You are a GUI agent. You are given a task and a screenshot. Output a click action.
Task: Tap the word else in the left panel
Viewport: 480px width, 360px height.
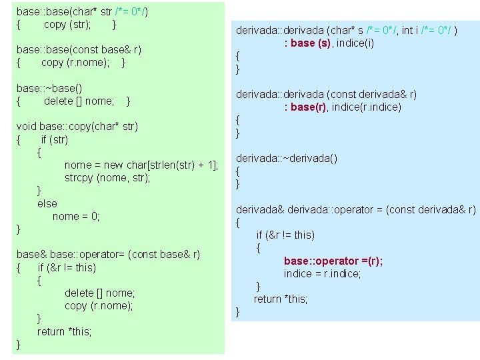[x=47, y=203]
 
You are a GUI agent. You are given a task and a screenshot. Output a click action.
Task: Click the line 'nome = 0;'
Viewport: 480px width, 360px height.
[x=76, y=216]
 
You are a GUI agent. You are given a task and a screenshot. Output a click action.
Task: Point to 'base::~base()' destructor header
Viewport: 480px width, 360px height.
[x=49, y=88]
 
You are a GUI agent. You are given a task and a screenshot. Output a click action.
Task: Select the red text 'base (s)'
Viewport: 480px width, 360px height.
[x=311, y=43]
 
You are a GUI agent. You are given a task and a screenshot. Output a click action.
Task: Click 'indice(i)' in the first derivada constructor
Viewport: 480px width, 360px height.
[x=358, y=43]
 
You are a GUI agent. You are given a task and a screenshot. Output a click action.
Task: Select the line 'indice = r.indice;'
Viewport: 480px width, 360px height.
[x=322, y=273]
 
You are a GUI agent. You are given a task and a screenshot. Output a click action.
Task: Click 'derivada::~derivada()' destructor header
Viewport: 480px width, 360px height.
[x=287, y=158]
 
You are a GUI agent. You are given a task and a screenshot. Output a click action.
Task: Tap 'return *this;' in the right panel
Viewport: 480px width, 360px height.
[x=281, y=299]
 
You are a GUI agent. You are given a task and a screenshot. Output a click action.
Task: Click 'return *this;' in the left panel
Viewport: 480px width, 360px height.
[x=64, y=331]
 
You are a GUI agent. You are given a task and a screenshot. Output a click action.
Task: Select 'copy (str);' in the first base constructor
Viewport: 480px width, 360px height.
[x=67, y=25]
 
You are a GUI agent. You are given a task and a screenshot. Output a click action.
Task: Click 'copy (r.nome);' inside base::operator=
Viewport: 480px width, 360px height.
[x=99, y=305]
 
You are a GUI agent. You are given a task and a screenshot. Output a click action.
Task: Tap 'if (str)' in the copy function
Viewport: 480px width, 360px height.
[x=54, y=140]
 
